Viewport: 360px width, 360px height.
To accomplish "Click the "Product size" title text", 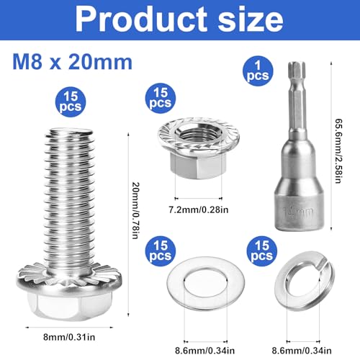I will pos(180,19).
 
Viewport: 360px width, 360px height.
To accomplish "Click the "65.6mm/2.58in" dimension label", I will pos(346,152).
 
